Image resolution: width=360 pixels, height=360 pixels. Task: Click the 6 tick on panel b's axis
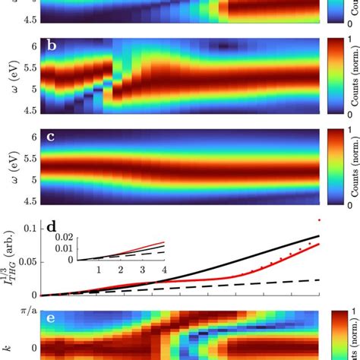tap(30, 47)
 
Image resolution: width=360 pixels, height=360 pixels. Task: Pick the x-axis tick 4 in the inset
tap(163, 270)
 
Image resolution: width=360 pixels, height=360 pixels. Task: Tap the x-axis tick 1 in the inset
tap(97, 270)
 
